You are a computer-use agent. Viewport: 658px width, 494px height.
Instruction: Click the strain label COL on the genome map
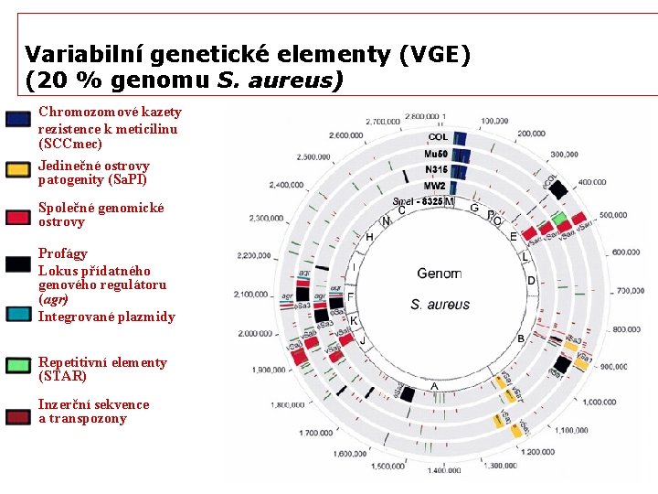point(438,137)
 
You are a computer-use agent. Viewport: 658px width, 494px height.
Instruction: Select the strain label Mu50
point(436,154)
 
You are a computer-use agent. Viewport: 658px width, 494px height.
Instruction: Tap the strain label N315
point(436,169)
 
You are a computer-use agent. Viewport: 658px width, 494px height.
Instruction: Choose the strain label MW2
point(436,186)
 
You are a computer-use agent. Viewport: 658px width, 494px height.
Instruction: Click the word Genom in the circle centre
point(439,273)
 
